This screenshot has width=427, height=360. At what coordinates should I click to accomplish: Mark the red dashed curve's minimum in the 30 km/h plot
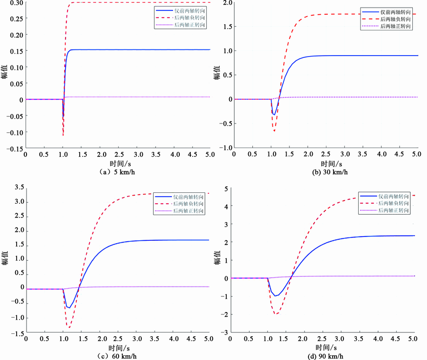pos(274,131)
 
